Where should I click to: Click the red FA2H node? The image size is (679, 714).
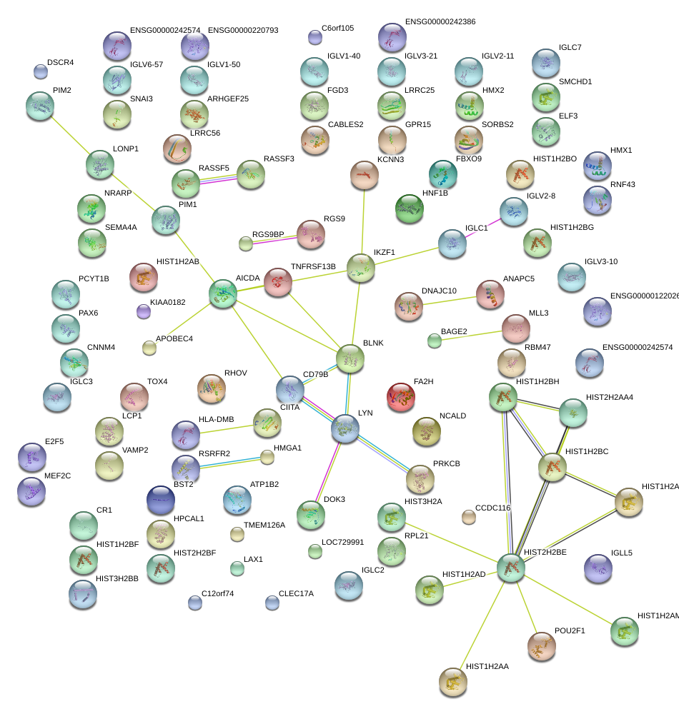click(401, 398)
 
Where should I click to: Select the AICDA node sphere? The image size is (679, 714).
click(223, 294)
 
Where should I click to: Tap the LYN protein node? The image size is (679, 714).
click(345, 428)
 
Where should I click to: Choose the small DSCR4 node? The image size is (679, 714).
click(41, 71)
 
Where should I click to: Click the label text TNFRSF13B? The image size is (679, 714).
click(313, 266)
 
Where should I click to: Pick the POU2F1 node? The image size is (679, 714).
click(541, 646)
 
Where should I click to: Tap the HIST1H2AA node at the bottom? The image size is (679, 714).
click(452, 682)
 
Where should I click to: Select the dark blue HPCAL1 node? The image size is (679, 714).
click(160, 501)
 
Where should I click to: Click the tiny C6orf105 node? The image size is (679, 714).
click(314, 37)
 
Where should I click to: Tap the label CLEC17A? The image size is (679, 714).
click(296, 593)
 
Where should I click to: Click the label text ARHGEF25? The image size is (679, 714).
click(227, 99)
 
